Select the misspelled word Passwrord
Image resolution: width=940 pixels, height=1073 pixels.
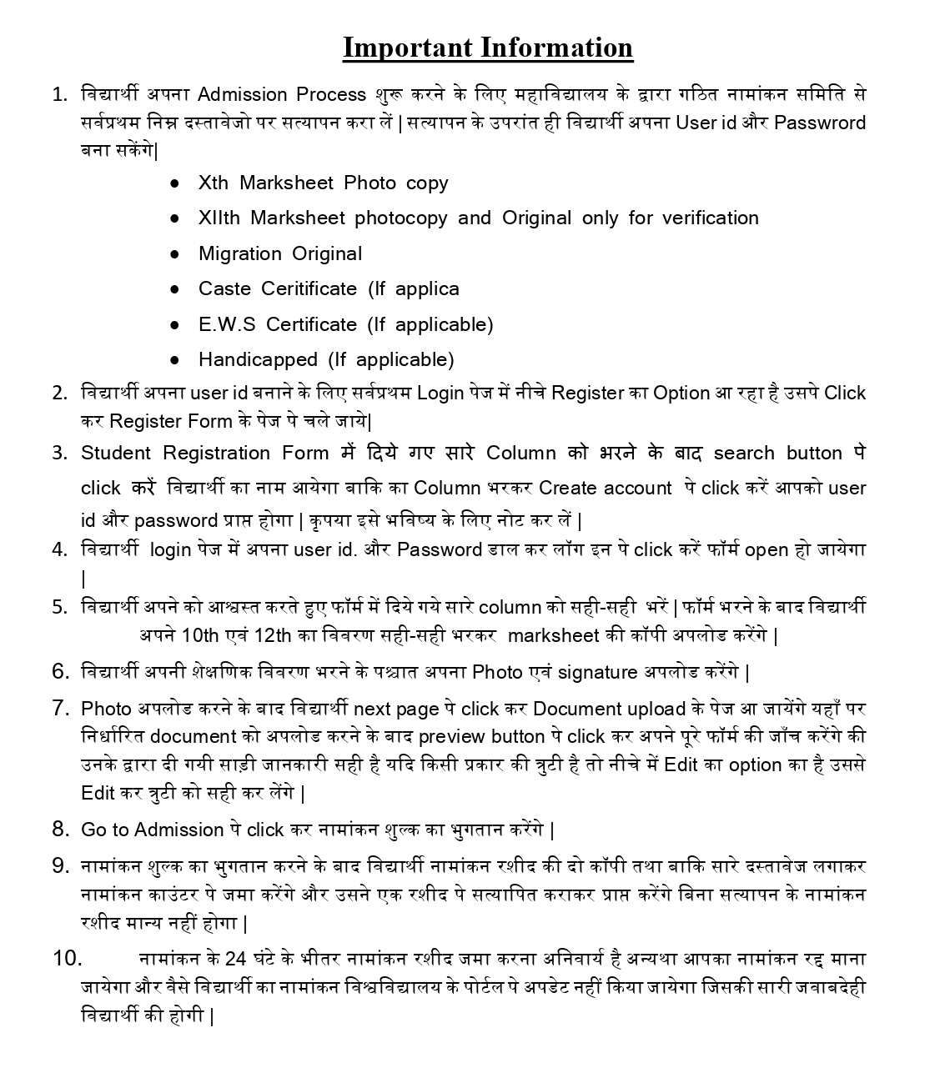click(820, 123)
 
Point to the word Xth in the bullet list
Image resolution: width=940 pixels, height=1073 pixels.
click(213, 183)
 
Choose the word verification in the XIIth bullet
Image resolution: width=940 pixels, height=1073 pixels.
click(710, 218)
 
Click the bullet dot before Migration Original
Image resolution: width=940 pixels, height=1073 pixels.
click(174, 253)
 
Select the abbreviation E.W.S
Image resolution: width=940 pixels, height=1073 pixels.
click(226, 324)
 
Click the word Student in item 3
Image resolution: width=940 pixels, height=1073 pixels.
click(116, 453)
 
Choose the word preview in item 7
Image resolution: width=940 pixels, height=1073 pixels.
click(451, 736)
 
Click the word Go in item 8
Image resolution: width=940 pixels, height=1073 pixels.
click(93, 830)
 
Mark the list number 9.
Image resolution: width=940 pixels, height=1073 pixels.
click(60, 865)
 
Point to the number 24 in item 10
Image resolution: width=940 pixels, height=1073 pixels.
click(236, 958)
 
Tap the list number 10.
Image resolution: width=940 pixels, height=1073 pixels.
click(67, 958)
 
